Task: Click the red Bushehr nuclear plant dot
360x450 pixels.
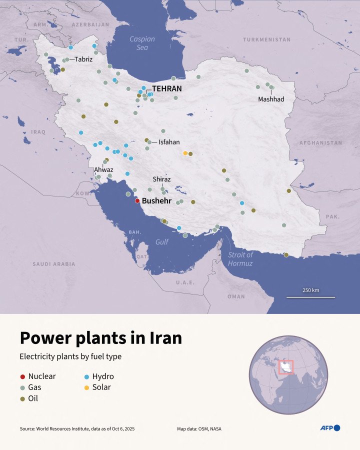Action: pos(137,201)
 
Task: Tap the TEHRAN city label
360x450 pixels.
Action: pos(166,88)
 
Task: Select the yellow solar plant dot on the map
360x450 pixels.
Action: pos(185,153)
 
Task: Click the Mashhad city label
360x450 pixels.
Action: pos(271,99)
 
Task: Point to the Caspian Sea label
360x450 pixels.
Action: pos(142,43)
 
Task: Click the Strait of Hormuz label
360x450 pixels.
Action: pos(240,259)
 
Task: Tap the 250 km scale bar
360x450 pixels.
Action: pos(310,297)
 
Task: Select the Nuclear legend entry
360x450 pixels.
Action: pos(38,376)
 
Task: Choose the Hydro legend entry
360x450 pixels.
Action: pos(98,376)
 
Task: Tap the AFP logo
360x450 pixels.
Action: pos(330,428)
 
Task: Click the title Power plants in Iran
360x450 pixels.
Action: pos(100,338)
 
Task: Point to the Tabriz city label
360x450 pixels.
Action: pos(83,59)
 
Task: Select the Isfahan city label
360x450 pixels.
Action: pos(168,142)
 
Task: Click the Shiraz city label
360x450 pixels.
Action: pos(161,179)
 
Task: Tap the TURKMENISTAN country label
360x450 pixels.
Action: pos(266,39)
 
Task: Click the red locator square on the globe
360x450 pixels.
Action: pos(285,367)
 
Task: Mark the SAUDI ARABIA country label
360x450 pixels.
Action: pos(54,264)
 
